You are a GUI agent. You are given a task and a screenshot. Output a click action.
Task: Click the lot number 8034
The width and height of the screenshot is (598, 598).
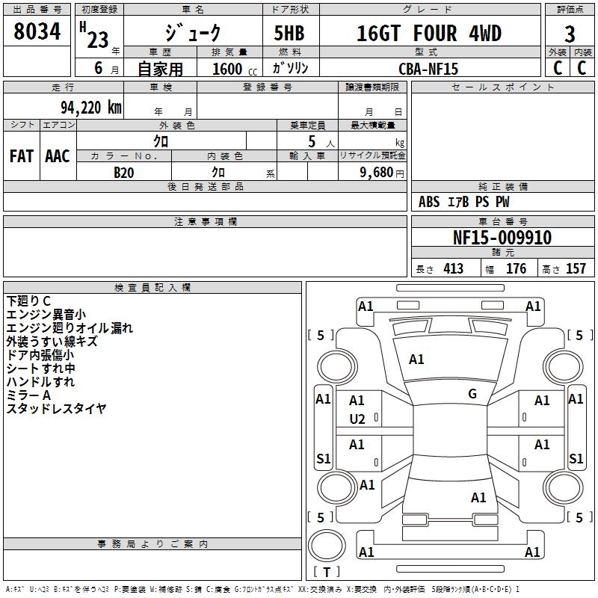pyautogui.click(x=37, y=33)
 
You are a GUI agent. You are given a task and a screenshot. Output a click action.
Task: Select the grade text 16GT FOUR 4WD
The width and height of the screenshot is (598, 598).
pyautogui.click(x=428, y=34)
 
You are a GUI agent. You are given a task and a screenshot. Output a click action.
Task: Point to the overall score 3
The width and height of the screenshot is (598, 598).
pyautogui.click(x=570, y=34)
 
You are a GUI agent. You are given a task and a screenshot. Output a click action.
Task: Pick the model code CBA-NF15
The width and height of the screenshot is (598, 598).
pyautogui.click(x=428, y=69)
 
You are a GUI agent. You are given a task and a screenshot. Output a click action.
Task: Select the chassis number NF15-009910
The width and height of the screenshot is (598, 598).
pyautogui.click(x=502, y=238)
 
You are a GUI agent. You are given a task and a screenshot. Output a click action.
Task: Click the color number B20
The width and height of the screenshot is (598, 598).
pyautogui.click(x=124, y=172)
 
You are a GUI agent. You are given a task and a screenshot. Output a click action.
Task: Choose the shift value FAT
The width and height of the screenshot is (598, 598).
pyautogui.click(x=22, y=156)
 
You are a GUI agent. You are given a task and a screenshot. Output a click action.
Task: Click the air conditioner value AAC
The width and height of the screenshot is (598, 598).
pyautogui.click(x=58, y=156)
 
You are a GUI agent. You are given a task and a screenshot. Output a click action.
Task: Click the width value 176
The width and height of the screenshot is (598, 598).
pyautogui.click(x=516, y=268)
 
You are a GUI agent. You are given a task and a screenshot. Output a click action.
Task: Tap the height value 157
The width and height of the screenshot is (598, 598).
pyautogui.click(x=575, y=268)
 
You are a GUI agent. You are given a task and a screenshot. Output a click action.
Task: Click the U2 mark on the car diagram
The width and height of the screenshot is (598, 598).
pyautogui.click(x=357, y=419)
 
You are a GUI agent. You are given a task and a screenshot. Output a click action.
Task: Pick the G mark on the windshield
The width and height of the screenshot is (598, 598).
pyautogui.click(x=472, y=394)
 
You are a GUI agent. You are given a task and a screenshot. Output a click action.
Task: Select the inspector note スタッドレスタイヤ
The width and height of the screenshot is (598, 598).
pyautogui.click(x=56, y=408)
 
